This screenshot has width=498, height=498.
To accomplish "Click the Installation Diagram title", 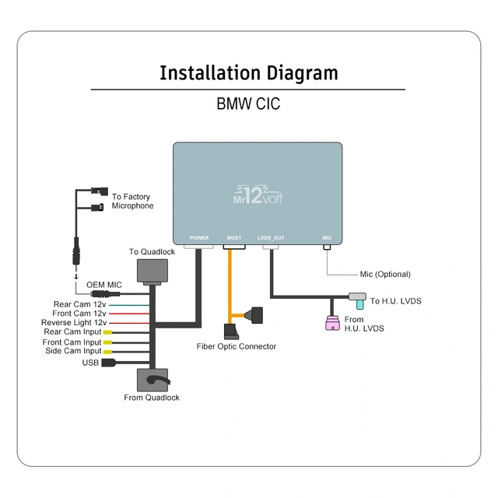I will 249,73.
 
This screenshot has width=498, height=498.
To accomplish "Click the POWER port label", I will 199,237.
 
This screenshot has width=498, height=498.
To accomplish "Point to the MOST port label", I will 233,237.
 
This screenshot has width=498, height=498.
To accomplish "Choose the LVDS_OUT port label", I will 271,237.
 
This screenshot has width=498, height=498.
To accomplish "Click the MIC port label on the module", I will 327,237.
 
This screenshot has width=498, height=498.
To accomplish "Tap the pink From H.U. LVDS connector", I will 332,323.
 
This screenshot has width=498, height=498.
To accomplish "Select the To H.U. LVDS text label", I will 395,301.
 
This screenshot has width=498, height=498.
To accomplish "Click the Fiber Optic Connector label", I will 236,346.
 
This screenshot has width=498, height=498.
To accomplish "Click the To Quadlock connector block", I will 152,269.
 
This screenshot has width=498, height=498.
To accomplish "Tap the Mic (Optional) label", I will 385,274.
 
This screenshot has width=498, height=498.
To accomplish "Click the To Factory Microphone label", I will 132,202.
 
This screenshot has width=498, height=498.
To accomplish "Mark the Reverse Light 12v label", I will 74,323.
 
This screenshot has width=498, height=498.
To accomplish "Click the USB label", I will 90,362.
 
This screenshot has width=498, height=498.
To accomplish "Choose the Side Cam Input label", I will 72,352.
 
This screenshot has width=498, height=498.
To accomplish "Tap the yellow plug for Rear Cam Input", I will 107,332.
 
